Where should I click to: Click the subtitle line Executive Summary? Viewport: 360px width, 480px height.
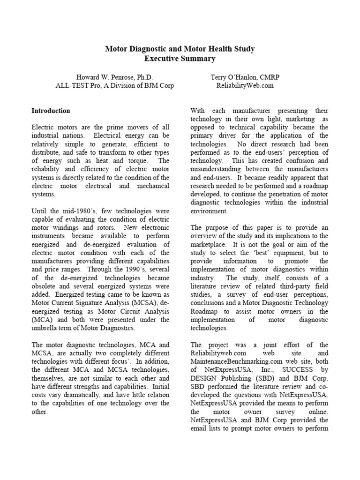click(x=180, y=59)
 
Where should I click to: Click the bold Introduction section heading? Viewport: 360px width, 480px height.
click(x=51, y=111)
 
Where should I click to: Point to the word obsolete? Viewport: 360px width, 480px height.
click(x=45, y=286)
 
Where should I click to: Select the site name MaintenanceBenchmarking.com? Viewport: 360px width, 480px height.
click(x=235, y=361)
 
